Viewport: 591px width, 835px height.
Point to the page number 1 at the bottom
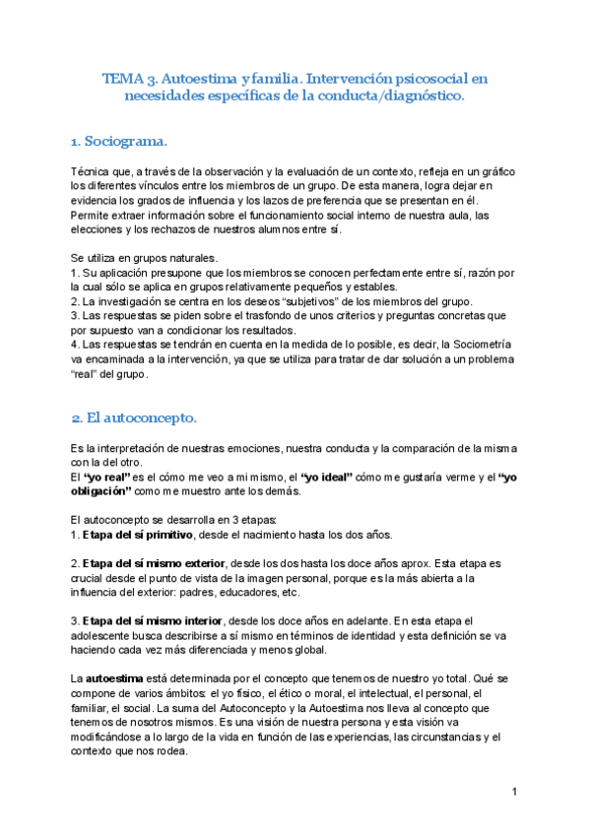pyautogui.click(x=515, y=793)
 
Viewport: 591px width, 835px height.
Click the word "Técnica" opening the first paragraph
pyautogui.click(x=92, y=172)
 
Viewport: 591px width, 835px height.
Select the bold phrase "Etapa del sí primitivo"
pyautogui.click(x=139, y=535)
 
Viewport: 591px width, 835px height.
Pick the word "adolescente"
pyautogui.click(x=103, y=635)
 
